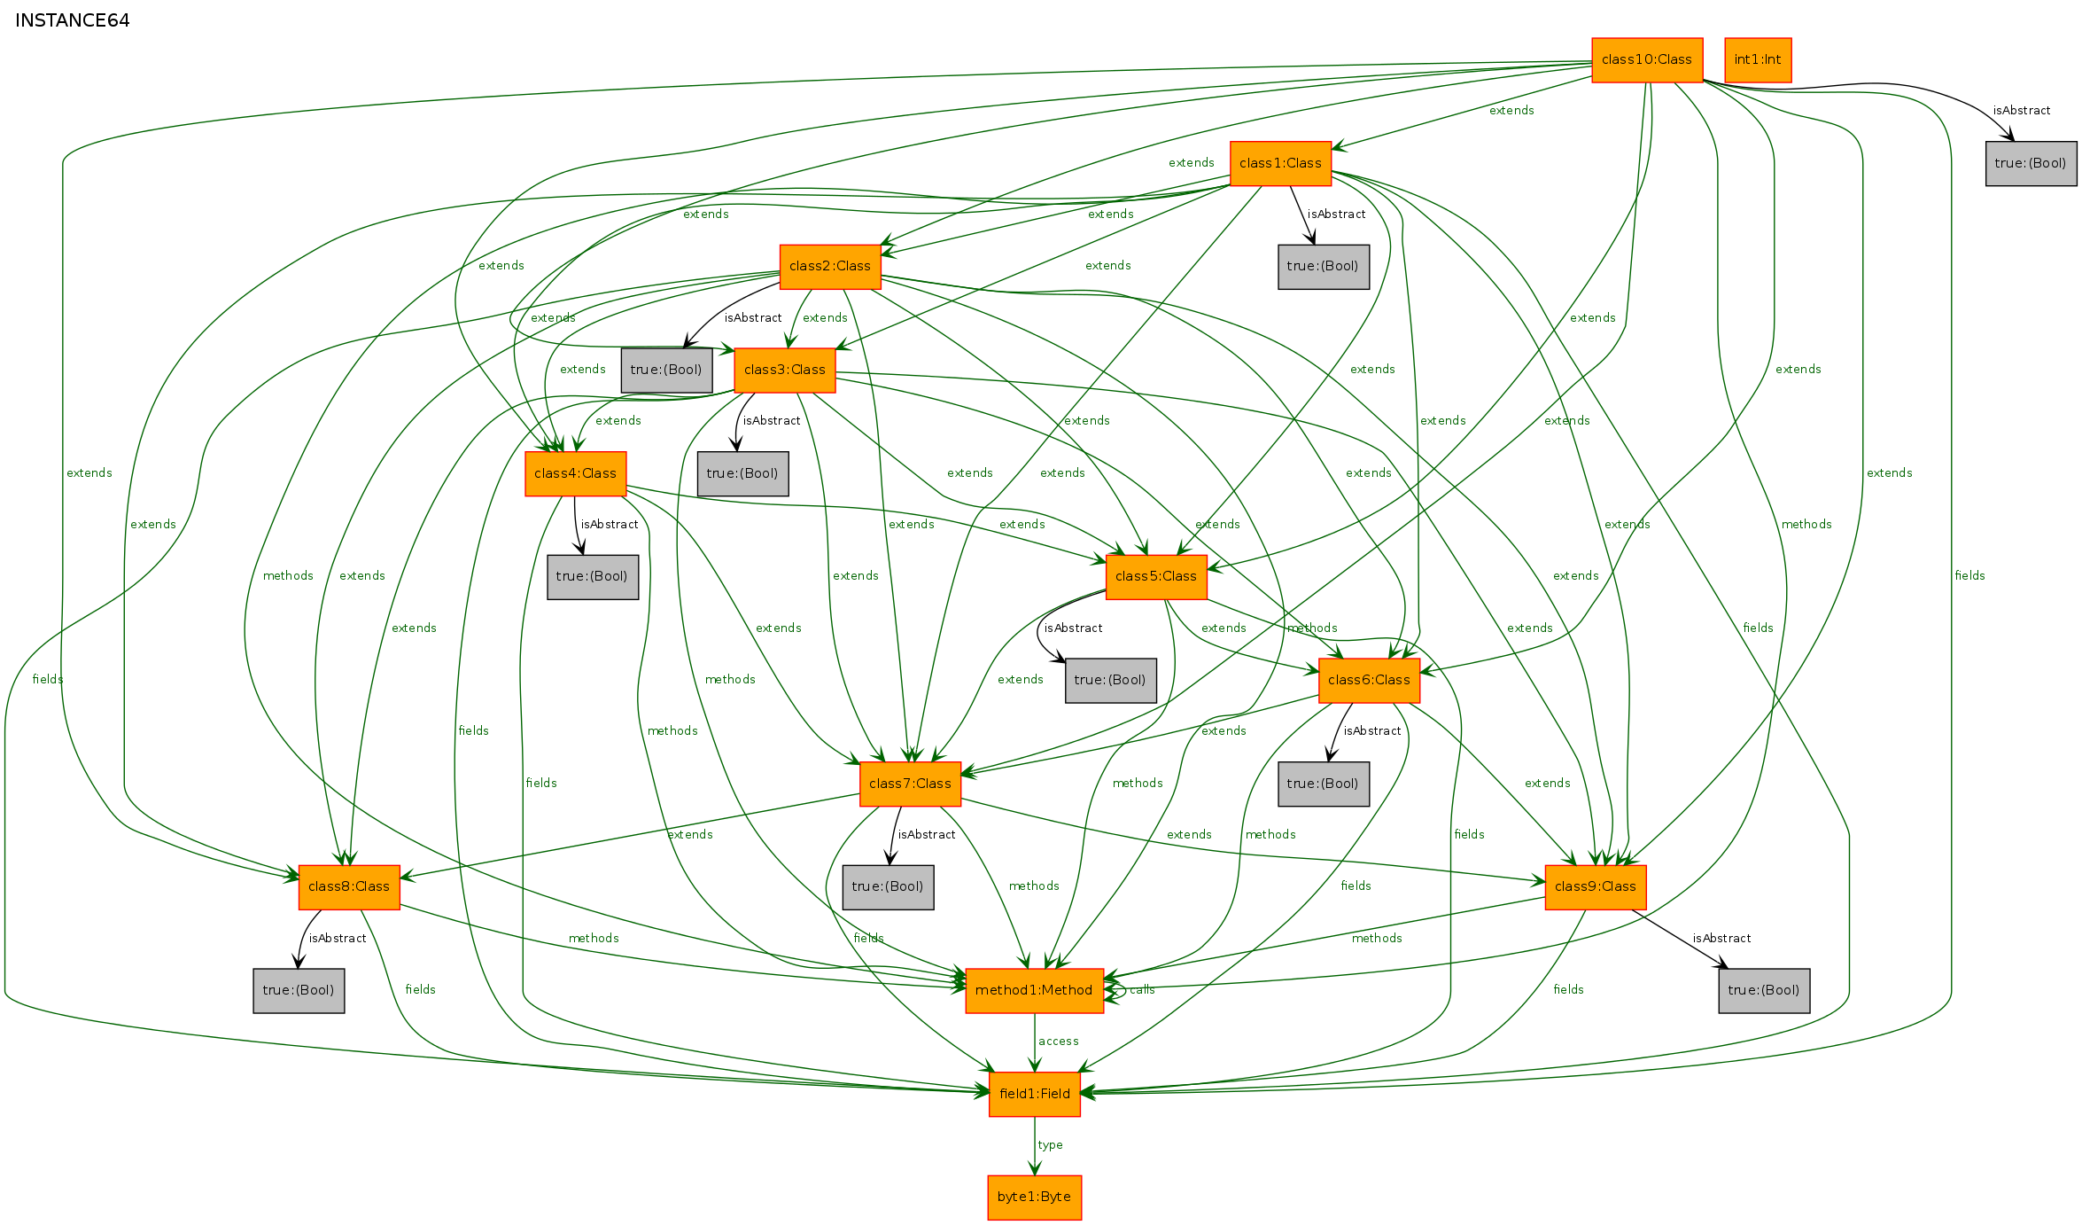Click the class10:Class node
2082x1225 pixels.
pyautogui.click(x=1647, y=60)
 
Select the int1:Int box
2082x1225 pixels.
pyautogui.click(x=1758, y=60)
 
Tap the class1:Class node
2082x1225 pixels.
pyautogui.click(x=1280, y=163)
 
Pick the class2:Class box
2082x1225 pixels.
pyautogui.click(x=830, y=267)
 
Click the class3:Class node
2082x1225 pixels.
pyautogui.click(x=785, y=371)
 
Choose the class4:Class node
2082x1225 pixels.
pyautogui.click(x=575, y=474)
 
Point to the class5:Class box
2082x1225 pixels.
pyautogui.click(x=1156, y=577)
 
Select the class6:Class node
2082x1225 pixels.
pyautogui.click(x=1369, y=681)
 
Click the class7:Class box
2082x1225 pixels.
pyautogui.click(x=910, y=784)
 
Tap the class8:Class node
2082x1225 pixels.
pyautogui.click(x=349, y=887)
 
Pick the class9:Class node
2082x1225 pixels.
pyautogui.click(x=1596, y=887)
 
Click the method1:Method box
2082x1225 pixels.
pyautogui.click(x=1034, y=991)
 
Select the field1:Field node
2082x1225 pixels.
pyautogui.click(x=1035, y=1095)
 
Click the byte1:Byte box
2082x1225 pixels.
pyautogui.click(x=1035, y=1198)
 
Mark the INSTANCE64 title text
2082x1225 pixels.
pyautogui.click(x=73, y=20)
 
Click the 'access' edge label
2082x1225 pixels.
pyautogui.click(x=1059, y=1042)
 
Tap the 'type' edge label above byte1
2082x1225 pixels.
pyautogui.click(x=1051, y=1145)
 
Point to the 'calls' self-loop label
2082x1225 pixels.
pyautogui.click(x=1142, y=990)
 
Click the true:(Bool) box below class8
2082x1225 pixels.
pyautogui.click(x=299, y=991)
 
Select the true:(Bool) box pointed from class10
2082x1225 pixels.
pyautogui.click(x=2032, y=164)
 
